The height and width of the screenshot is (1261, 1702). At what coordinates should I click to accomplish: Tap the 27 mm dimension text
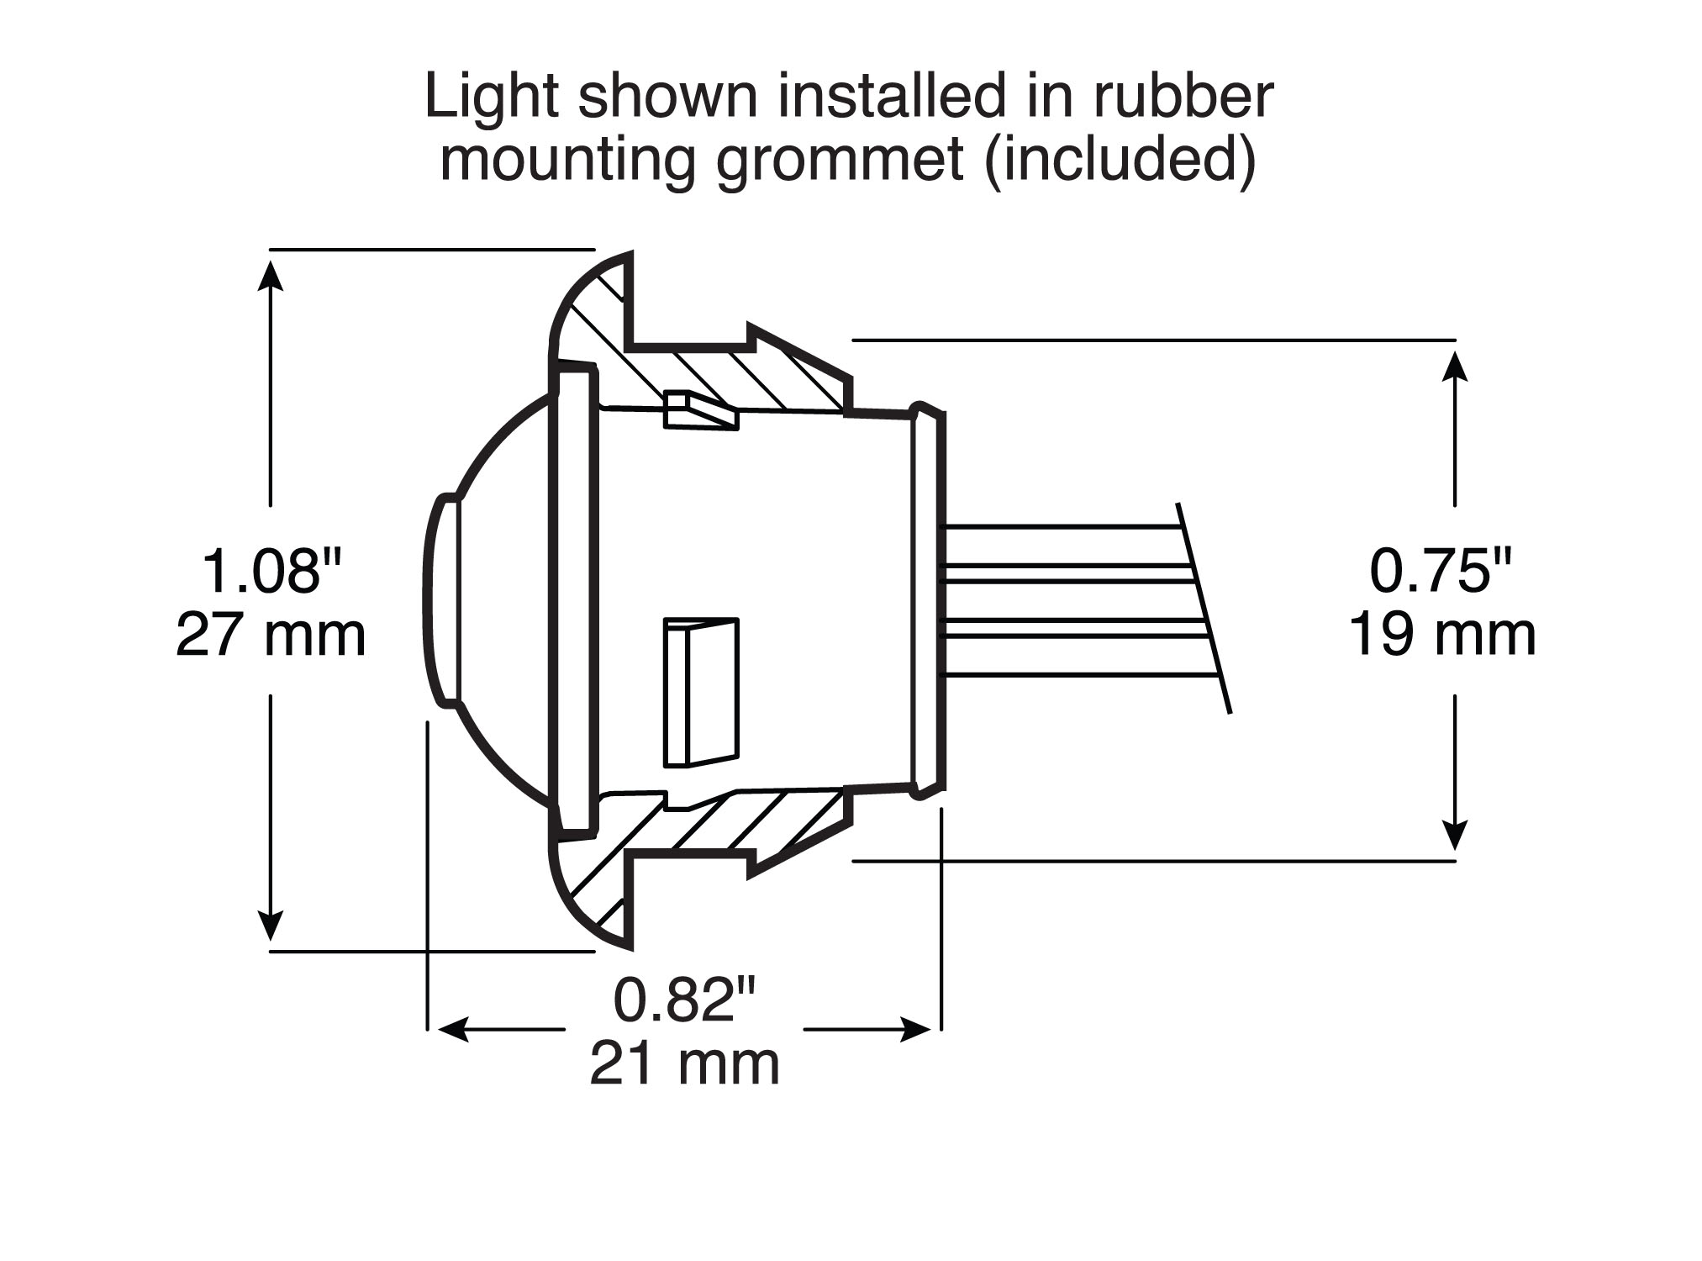[271, 636]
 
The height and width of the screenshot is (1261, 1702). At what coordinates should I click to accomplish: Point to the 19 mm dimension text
[1442, 636]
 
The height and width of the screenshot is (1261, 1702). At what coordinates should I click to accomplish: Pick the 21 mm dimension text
[685, 1065]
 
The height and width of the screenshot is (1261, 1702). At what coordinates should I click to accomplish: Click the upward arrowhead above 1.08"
[270, 274]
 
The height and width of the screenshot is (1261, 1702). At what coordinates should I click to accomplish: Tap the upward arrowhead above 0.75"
[1455, 365]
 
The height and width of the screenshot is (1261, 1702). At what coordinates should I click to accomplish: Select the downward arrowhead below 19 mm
[1455, 836]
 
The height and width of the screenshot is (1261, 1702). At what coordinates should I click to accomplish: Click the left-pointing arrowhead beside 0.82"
[453, 1030]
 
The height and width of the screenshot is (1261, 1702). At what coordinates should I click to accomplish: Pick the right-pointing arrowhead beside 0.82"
[915, 1030]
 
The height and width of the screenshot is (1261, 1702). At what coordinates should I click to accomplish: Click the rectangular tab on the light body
[701, 693]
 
